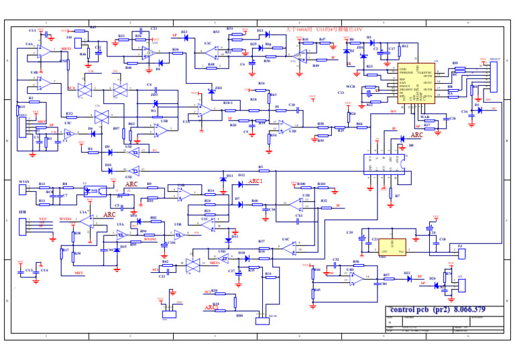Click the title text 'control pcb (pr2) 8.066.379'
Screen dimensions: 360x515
click(x=437, y=310)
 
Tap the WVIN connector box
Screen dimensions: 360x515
click(x=22, y=190)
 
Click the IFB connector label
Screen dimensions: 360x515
click(x=22, y=213)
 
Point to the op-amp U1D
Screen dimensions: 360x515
click(x=296, y=202)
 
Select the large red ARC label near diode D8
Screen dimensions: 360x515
click(x=416, y=135)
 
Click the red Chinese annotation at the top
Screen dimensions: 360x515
click(x=324, y=29)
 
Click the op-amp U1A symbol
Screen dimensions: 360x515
click(x=88, y=221)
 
